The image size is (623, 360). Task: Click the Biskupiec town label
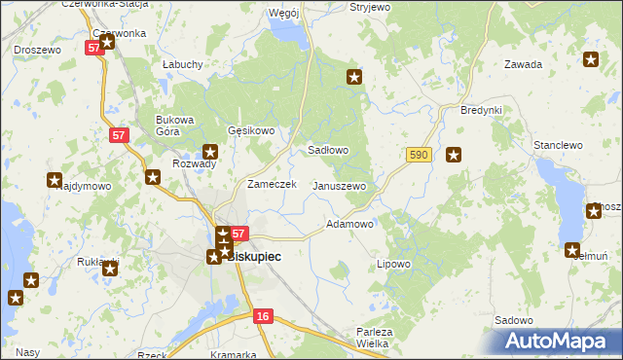coord(253,257)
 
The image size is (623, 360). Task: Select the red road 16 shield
coord(262,316)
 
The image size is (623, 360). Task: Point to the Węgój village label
coord(283,13)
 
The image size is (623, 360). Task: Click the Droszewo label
coord(37,49)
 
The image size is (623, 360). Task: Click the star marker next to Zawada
coord(591,60)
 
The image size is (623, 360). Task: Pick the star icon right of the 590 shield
coord(453,154)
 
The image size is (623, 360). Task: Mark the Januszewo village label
coord(339,186)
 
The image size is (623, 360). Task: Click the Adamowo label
coord(350,224)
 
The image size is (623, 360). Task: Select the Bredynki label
coord(481,110)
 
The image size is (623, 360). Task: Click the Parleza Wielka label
coord(375,337)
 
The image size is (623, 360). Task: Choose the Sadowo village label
coord(513,320)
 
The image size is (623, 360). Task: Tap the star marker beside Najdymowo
coord(55,180)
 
